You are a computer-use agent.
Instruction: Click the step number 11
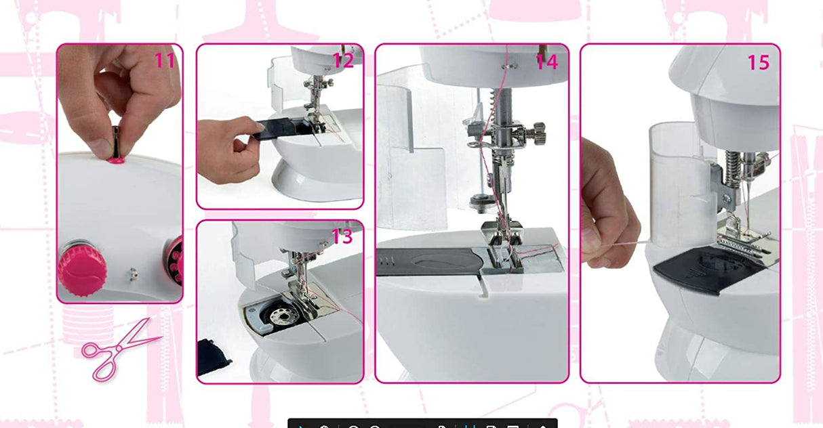coord(165,60)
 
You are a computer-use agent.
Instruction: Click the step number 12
coord(342,61)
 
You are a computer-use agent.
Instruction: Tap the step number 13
coord(342,237)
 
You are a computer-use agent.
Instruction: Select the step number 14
coord(546,62)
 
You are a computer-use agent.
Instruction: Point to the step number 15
coord(759,62)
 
